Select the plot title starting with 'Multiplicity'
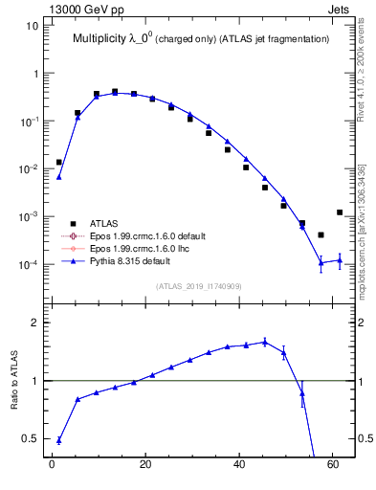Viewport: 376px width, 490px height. [x=202, y=39]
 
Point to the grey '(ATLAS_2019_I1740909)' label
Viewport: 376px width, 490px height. [x=200, y=286]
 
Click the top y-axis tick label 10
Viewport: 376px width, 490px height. [x=33, y=26]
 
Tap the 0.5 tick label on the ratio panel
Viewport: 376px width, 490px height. [x=30, y=438]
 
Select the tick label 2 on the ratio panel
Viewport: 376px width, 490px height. [x=35, y=323]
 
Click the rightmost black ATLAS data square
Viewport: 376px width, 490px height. [x=340, y=212]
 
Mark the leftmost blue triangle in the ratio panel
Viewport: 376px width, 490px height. [x=59, y=440]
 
